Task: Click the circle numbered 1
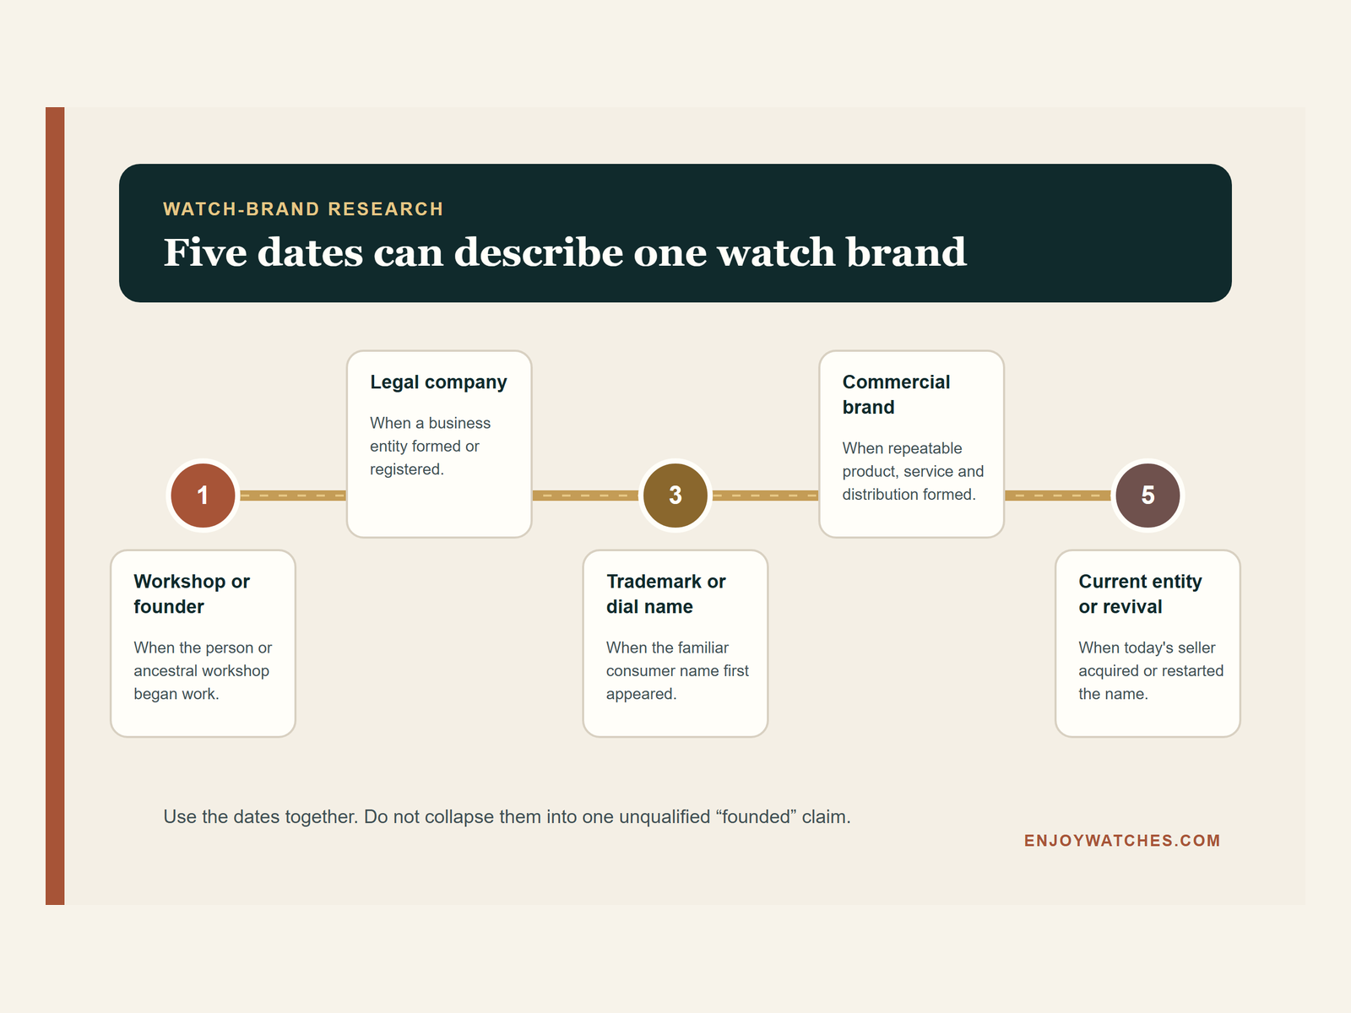(203, 496)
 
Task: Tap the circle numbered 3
(675, 496)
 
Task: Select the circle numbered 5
(1148, 496)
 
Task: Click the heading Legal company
(438, 382)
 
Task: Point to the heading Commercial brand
(896, 394)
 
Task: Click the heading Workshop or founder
(192, 593)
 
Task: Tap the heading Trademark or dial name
(665, 593)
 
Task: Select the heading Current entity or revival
(1140, 593)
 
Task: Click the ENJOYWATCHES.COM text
(1122, 841)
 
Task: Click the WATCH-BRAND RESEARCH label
(303, 209)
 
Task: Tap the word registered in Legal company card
(406, 469)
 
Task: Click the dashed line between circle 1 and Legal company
(293, 496)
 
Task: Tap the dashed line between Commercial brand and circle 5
(1058, 496)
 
